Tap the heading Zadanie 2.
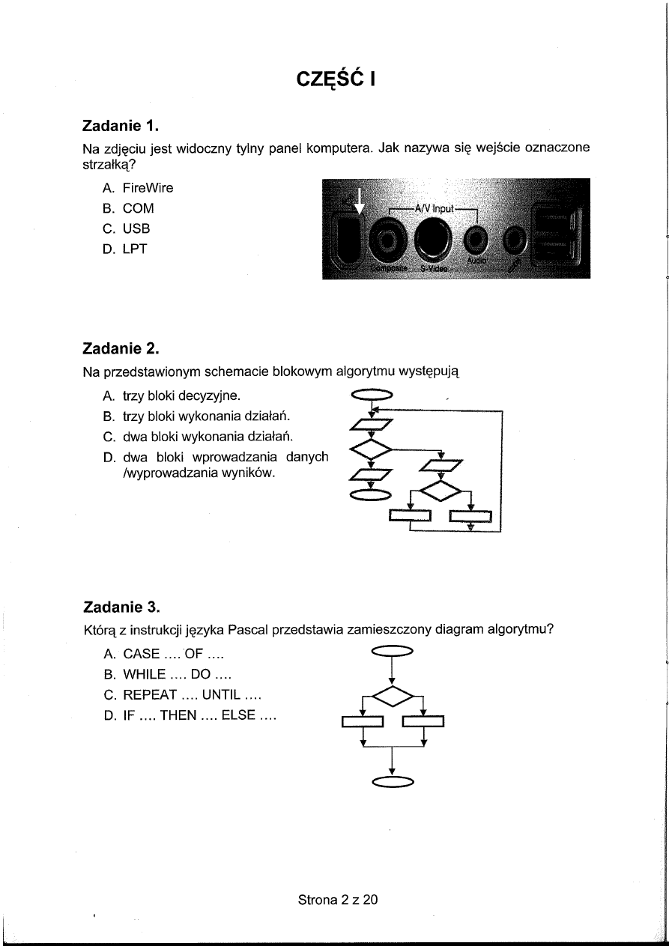[x=121, y=348]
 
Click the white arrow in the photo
[x=358, y=201]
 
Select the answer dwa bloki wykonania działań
[x=196, y=436]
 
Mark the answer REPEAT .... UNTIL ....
[x=181, y=696]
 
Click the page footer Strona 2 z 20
[x=338, y=900]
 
